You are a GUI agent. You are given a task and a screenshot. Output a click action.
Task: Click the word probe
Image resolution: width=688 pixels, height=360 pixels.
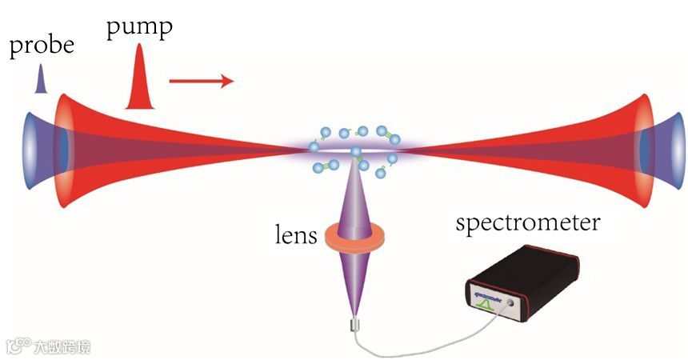(x=41, y=46)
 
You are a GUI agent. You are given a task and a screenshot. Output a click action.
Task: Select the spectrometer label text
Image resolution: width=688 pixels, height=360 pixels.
(x=527, y=222)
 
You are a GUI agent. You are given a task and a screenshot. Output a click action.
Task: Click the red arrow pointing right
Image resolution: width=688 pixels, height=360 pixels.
(x=201, y=80)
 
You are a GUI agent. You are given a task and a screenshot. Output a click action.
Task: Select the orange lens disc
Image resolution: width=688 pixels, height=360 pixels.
(x=352, y=237)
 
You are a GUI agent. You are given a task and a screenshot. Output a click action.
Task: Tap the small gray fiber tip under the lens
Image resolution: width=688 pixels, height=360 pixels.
(x=353, y=326)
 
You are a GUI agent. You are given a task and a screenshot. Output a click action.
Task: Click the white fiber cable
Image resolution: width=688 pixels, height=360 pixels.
(x=424, y=346)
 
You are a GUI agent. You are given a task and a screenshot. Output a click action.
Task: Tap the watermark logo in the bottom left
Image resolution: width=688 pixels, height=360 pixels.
(x=48, y=346)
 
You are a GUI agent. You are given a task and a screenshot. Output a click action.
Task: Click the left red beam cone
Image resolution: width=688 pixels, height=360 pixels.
(x=120, y=144)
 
